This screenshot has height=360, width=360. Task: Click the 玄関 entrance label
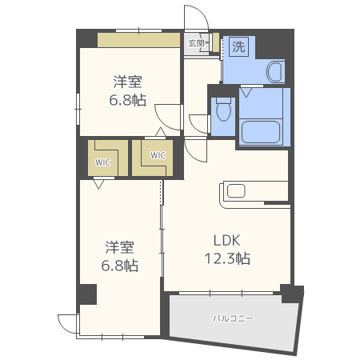point(195,43)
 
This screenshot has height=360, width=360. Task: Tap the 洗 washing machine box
point(238,46)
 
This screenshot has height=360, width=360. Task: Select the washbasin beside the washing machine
point(274,73)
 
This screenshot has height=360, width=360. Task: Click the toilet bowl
point(224,108)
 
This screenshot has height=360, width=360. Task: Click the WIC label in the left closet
point(103,161)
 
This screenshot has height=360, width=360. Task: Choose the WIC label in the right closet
point(158,155)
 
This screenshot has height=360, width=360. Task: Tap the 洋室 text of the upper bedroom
point(128,82)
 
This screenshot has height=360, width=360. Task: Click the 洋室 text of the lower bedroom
point(120,247)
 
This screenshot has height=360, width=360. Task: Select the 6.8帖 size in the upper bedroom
point(128,100)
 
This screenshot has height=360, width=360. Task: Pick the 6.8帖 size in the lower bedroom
point(120,266)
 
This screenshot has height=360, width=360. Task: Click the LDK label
point(226,240)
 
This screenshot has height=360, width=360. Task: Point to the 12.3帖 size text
point(226,258)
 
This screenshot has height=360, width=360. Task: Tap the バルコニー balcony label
point(233,318)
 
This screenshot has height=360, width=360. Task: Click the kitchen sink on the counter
point(236,190)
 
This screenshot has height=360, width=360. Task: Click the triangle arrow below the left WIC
point(98,184)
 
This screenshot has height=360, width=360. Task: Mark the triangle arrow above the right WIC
point(159,132)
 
